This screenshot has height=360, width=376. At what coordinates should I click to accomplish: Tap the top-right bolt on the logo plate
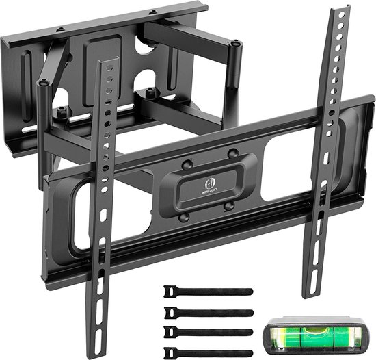click(232, 153)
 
